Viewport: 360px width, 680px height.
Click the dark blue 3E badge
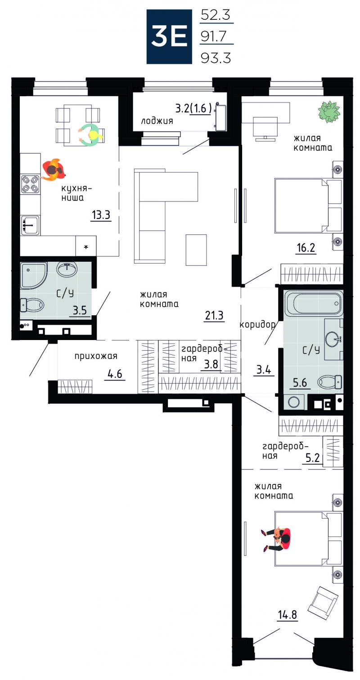tap(169, 36)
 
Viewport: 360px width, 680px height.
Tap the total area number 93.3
tap(216, 58)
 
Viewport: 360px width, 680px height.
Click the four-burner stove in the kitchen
tap(31, 184)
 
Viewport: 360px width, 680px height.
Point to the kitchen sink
tap(30, 225)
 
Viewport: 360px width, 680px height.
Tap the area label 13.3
tap(101, 215)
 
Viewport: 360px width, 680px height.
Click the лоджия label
tap(157, 121)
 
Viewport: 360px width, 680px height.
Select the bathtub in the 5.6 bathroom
tap(313, 303)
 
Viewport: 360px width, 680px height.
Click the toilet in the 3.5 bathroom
tap(32, 305)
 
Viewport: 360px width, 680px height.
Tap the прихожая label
tap(96, 356)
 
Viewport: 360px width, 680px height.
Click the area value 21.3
tap(214, 315)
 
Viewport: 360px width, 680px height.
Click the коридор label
tap(257, 325)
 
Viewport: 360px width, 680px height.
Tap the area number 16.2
tap(306, 248)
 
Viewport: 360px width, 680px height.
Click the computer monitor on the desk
tap(265, 129)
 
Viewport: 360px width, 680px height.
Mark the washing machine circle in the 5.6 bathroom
tap(294, 402)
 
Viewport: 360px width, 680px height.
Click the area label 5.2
tap(313, 457)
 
